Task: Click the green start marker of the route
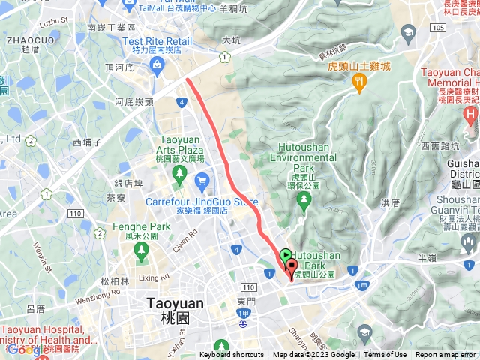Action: click(285, 256)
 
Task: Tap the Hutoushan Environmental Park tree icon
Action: click(304, 199)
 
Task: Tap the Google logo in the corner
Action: click(28, 349)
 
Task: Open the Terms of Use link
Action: click(385, 355)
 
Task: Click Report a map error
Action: click(447, 355)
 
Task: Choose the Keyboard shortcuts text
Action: click(231, 355)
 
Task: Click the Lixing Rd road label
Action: click(154, 277)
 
